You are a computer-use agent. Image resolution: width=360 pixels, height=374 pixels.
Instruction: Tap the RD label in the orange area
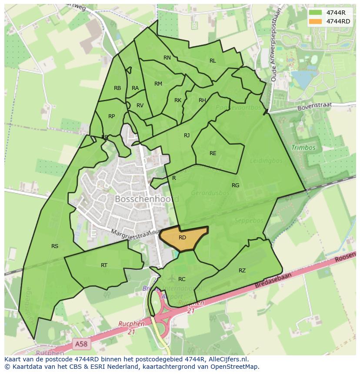[x=182, y=238]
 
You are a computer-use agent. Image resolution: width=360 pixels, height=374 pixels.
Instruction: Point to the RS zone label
[x=55, y=246]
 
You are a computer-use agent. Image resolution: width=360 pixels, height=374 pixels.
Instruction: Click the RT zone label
[x=104, y=265]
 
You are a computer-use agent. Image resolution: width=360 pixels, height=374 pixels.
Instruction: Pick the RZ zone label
[x=242, y=271]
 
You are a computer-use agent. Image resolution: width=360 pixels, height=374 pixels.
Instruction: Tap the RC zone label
[x=182, y=279]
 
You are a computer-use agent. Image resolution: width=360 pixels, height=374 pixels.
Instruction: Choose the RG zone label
[x=236, y=185]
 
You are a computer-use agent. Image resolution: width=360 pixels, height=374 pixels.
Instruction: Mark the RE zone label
[x=213, y=153]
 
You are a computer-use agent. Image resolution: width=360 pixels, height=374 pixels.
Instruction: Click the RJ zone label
[x=187, y=136]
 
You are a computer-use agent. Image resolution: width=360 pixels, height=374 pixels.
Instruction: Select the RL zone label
[x=213, y=61]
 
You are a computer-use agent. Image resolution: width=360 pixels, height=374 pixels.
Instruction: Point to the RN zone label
[x=167, y=58]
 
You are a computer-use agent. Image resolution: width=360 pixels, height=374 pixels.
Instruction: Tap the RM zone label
[x=158, y=84]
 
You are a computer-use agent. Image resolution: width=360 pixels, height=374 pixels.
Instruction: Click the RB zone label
[x=117, y=88]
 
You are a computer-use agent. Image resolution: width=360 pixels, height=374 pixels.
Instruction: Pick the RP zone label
[x=112, y=116]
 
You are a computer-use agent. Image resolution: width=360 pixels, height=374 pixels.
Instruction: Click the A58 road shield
[x=80, y=344]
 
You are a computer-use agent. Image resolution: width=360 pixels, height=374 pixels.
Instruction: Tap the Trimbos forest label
[x=303, y=148]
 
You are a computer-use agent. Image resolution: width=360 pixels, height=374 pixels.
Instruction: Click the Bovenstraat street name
[x=314, y=106]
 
